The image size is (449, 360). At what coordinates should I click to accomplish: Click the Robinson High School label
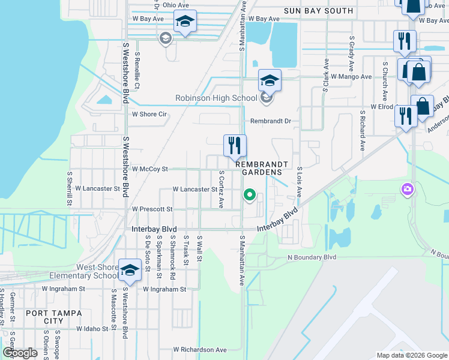point(216,98)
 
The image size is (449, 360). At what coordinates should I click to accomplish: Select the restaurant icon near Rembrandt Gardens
point(235,146)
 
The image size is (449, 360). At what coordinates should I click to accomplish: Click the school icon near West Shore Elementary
point(130,270)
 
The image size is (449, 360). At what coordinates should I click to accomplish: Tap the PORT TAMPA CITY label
point(45,317)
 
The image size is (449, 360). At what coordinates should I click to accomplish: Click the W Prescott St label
point(152,209)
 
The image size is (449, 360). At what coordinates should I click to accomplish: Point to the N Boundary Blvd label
point(312,257)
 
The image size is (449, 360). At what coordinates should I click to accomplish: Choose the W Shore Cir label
point(149,114)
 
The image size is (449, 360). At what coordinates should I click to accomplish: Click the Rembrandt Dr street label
point(270,121)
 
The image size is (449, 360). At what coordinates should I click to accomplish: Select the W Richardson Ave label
point(200,349)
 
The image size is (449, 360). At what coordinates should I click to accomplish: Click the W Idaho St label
point(91,329)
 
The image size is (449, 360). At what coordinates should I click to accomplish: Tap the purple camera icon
point(408,190)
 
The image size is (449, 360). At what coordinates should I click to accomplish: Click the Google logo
point(19,353)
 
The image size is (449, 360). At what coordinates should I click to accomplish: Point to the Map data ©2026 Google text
point(411,355)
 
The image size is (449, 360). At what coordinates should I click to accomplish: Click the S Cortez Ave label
point(221,188)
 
